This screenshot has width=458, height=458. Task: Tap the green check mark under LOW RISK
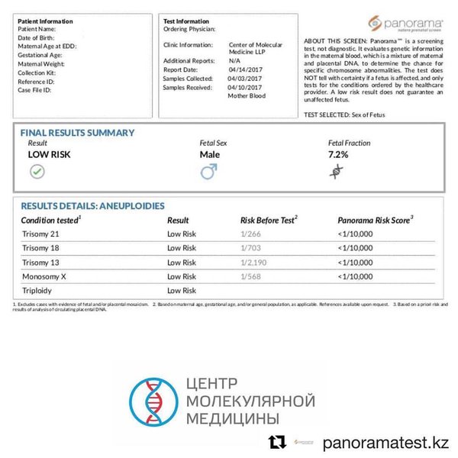[37, 172]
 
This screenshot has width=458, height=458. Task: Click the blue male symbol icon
[208, 172]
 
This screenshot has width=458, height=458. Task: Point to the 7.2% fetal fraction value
[338, 154]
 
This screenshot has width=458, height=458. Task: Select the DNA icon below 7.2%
[336, 172]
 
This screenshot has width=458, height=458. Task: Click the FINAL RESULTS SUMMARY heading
[77, 133]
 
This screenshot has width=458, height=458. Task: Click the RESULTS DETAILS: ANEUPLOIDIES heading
[92, 206]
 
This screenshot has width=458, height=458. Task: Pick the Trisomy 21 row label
[40, 234]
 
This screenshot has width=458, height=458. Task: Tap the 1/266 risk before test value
[250, 234]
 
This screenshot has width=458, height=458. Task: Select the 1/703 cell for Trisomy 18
[250, 248]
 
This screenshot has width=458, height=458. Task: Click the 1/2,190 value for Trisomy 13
[255, 263]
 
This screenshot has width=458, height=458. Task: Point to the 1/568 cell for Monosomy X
[250, 276]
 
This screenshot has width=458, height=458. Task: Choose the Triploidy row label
[37, 291]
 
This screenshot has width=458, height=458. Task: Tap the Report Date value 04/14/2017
[245, 69]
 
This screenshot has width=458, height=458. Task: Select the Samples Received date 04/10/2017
[245, 87]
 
